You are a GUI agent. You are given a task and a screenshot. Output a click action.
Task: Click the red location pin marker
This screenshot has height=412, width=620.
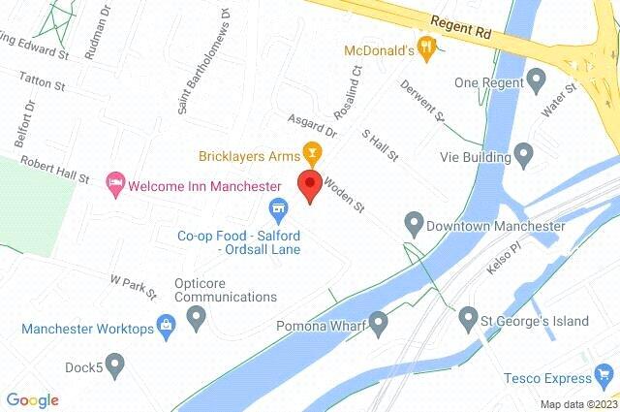(310, 185)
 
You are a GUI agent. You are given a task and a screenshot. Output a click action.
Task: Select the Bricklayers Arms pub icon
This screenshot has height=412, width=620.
(311, 151)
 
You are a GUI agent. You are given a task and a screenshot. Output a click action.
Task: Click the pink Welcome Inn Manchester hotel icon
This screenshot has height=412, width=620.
(115, 183)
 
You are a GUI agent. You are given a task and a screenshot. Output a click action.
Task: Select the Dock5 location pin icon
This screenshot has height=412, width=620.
(115, 364)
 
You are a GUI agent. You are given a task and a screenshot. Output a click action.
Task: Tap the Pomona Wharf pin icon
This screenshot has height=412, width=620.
(378, 322)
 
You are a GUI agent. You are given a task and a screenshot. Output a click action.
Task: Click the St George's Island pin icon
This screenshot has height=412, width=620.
(469, 317)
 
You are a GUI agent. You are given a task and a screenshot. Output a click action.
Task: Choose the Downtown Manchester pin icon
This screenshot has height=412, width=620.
(414, 225)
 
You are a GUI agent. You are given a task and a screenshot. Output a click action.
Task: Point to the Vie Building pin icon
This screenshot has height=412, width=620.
(524, 153)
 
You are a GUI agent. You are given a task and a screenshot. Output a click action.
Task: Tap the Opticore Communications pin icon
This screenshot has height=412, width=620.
(197, 316)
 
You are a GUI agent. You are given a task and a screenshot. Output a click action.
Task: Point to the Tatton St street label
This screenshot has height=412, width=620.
(44, 86)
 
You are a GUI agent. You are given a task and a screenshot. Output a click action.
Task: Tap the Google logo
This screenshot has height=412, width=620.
(32, 399)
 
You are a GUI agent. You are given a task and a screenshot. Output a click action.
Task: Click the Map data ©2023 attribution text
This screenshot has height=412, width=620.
(577, 404)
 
